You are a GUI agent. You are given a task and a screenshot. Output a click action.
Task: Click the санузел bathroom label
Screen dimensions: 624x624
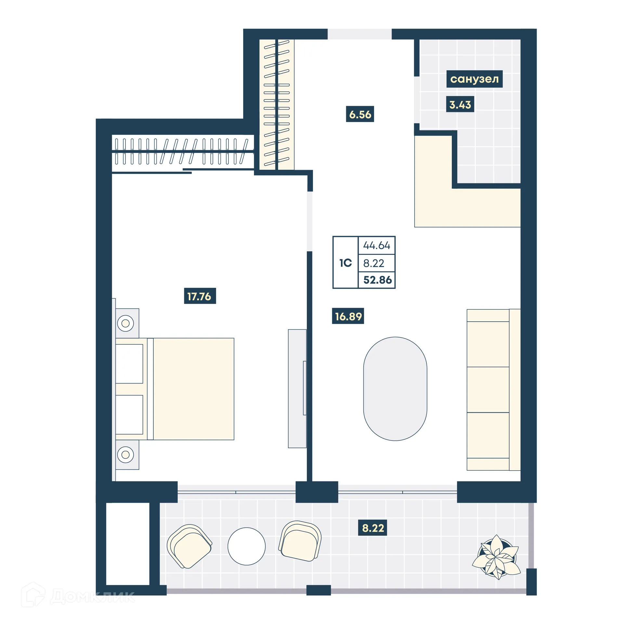[x=474, y=79]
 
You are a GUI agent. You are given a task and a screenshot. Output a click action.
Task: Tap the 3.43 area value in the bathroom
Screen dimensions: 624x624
[x=460, y=104]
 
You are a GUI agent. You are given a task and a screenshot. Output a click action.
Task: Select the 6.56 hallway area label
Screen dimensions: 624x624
[x=360, y=114]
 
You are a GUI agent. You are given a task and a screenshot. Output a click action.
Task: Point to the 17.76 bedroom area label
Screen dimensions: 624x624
[x=200, y=296]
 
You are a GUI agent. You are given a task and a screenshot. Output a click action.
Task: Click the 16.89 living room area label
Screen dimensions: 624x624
[x=348, y=316]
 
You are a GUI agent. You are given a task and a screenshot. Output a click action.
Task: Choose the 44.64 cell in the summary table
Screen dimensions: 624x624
[x=376, y=245]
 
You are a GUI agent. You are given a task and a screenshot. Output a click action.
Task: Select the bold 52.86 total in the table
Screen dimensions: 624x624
[x=377, y=280]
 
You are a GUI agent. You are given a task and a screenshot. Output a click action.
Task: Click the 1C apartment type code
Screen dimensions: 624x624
[x=345, y=263]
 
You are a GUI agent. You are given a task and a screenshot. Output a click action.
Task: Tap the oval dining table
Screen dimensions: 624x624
[x=395, y=389]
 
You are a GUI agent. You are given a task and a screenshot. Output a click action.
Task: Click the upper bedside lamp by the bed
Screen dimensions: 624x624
[x=125, y=323]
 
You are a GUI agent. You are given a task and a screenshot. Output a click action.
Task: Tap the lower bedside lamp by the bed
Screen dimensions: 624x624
[x=125, y=455]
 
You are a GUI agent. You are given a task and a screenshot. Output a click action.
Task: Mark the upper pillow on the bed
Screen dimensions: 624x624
[x=129, y=364]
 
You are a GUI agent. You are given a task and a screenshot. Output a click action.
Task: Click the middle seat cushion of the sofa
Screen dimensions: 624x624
[x=487, y=389]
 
